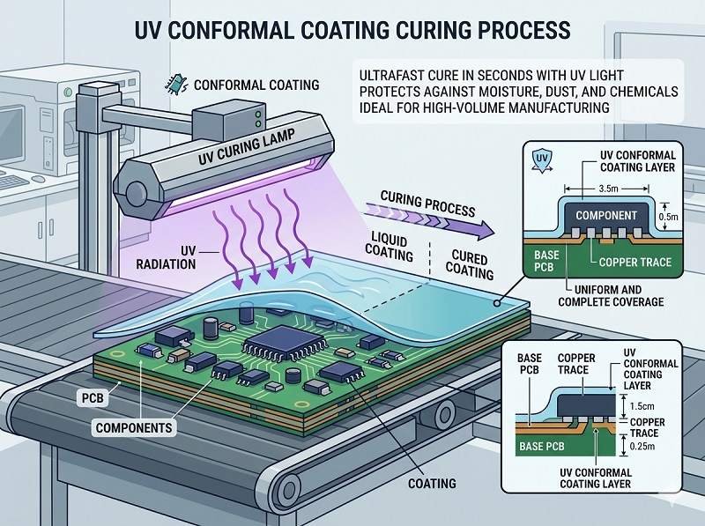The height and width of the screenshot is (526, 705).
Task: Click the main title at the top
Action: (352, 30)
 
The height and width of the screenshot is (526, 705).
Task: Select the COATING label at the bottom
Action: (431, 483)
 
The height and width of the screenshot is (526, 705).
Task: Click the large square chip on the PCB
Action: (271, 348)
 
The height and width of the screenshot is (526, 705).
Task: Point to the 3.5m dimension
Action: (608, 188)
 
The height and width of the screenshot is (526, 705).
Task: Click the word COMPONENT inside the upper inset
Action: (607, 215)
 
